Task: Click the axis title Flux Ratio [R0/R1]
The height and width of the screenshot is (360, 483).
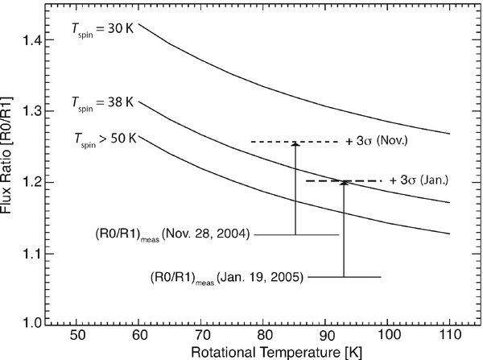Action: tap(9, 169)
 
